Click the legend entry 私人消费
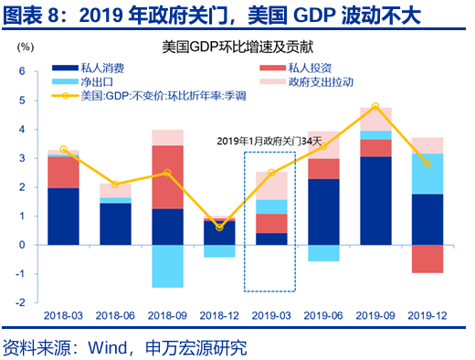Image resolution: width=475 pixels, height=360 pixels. click(115, 68)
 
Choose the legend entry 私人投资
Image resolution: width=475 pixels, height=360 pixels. click(311, 68)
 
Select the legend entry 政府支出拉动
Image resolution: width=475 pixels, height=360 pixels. click(320, 81)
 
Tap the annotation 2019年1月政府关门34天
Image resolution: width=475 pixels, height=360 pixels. click(270, 141)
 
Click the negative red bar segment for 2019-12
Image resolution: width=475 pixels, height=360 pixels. click(428, 259)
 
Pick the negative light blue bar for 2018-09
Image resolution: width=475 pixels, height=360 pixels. click(167, 266)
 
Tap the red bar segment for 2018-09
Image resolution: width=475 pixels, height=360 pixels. click(167, 177)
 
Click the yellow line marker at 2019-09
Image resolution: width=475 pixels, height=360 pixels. click(375, 107)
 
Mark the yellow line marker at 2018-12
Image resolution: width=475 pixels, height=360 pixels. click(219, 227)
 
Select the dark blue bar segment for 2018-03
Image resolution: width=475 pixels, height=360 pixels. click(63, 216)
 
